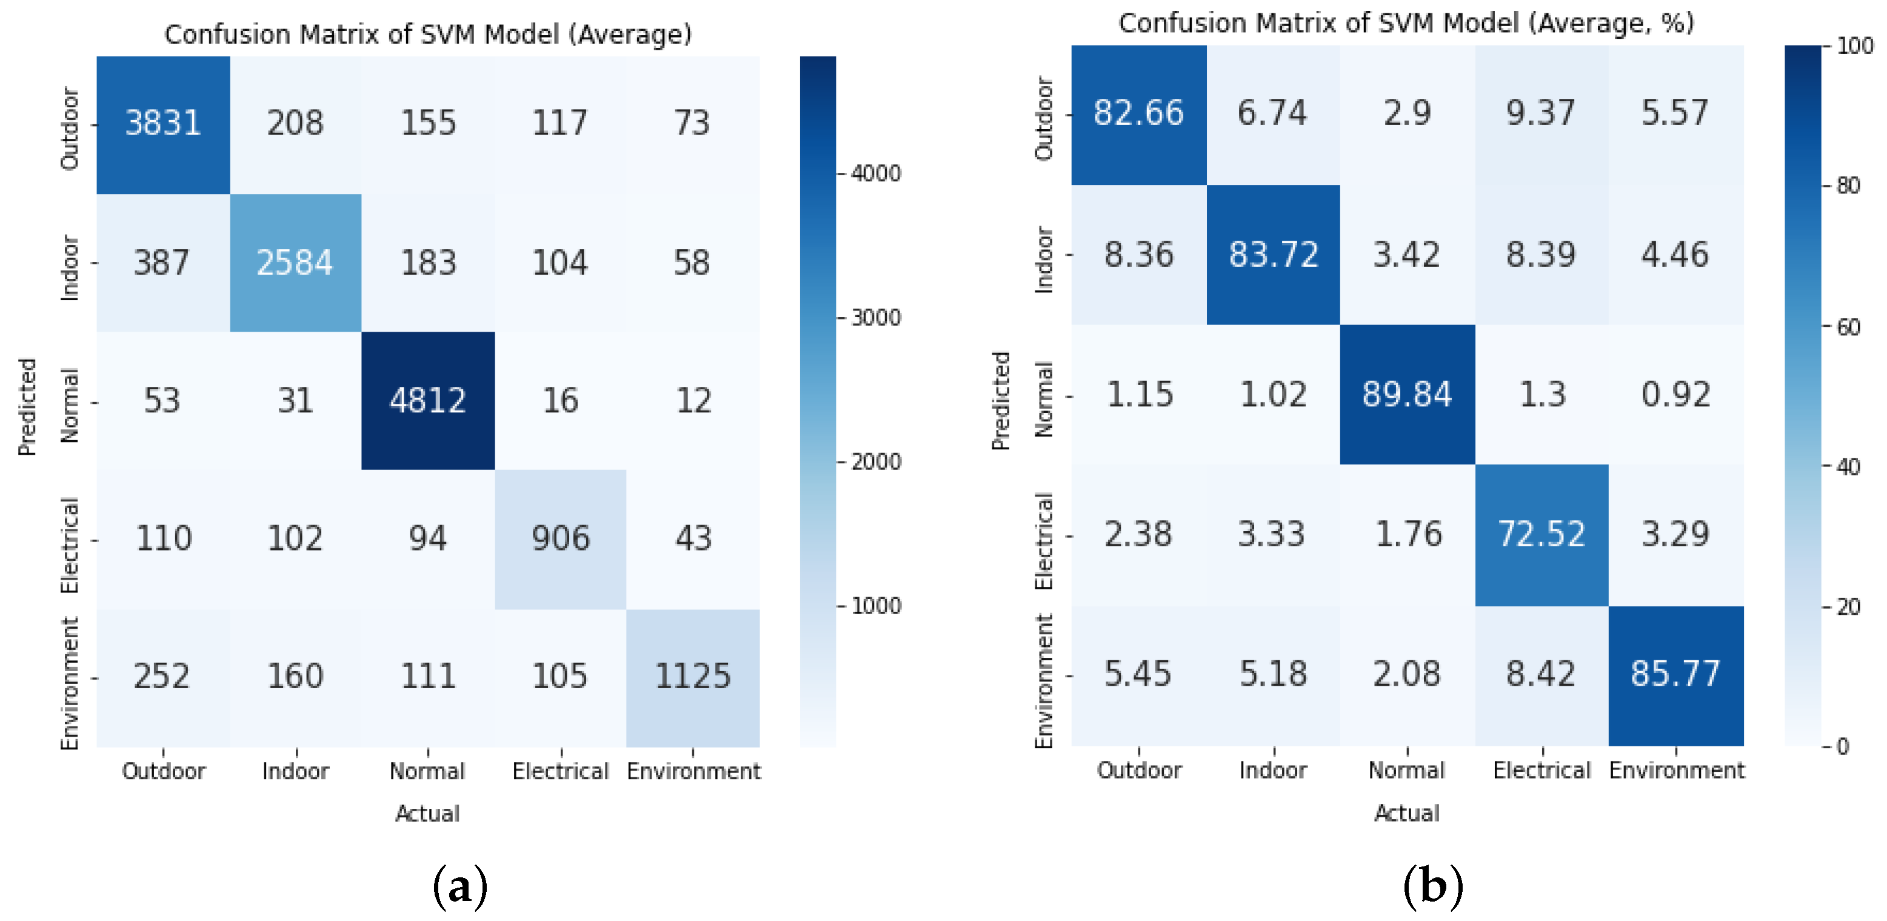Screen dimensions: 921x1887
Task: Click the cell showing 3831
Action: (162, 123)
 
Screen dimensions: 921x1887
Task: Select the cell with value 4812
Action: (428, 401)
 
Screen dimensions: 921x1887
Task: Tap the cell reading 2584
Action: (295, 263)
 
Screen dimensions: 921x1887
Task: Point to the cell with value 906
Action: (560, 538)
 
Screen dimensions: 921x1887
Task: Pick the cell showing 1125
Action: (693, 676)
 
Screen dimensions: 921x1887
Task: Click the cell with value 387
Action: (162, 263)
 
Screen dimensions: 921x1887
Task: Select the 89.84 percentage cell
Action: (1406, 394)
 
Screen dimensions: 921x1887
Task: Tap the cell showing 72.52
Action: (1541, 534)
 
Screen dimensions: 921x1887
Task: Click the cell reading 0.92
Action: (1675, 394)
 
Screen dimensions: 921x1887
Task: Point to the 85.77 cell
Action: (1675, 674)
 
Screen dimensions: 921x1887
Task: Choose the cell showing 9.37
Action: (1541, 113)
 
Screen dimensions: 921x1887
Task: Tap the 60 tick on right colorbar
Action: (1848, 327)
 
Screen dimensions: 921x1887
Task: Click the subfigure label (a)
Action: (460, 886)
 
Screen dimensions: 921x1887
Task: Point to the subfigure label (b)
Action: (1433, 886)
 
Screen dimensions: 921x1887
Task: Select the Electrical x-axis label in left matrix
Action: (560, 771)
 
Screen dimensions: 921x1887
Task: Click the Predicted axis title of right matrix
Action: (1001, 401)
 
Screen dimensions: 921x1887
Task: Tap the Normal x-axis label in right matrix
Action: (1406, 771)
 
